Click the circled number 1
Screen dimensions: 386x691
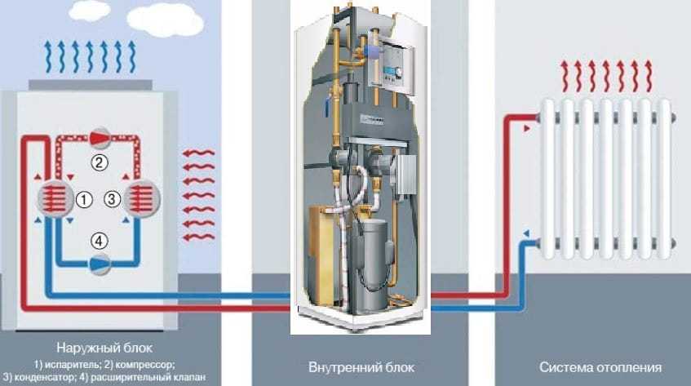[82, 198]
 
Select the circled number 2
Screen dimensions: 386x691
[100, 162]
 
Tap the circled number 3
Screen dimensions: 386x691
[113, 197]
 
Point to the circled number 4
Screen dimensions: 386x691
[99, 241]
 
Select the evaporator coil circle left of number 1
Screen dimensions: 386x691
[52, 198]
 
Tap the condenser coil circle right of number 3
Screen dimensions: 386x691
[142, 198]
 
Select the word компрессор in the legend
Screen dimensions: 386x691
[144, 363]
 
